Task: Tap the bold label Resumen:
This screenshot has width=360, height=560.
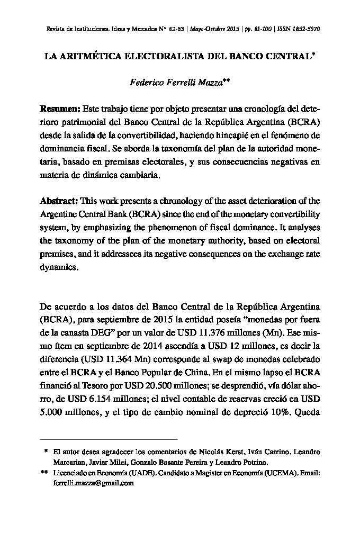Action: point(60,109)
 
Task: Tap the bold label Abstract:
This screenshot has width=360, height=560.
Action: point(59,201)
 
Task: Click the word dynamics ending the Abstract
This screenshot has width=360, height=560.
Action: point(59,267)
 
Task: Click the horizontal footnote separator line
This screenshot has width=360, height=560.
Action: point(109,439)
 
